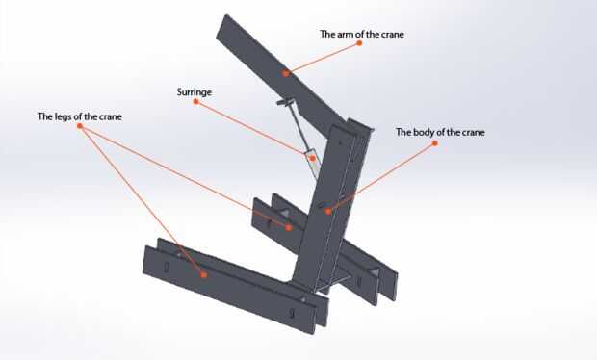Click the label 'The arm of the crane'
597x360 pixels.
click(x=362, y=35)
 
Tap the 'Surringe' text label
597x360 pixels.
click(x=195, y=92)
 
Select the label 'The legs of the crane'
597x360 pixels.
click(x=80, y=116)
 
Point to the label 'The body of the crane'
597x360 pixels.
click(x=440, y=133)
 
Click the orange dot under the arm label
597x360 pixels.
click(x=359, y=43)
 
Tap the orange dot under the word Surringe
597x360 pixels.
click(x=196, y=102)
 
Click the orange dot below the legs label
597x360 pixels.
click(x=80, y=126)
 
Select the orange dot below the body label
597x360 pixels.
click(x=435, y=143)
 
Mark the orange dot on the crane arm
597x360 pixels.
click(x=286, y=73)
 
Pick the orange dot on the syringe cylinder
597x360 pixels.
click(x=313, y=158)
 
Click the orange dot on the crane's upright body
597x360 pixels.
click(x=328, y=211)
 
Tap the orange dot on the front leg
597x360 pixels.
click(x=204, y=274)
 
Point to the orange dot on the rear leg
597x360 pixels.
click(x=289, y=227)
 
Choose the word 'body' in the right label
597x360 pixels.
click(x=424, y=133)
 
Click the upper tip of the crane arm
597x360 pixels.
click(x=226, y=16)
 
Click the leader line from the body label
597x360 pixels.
click(x=381, y=177)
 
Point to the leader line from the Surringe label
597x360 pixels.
click(x=254, y=130)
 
